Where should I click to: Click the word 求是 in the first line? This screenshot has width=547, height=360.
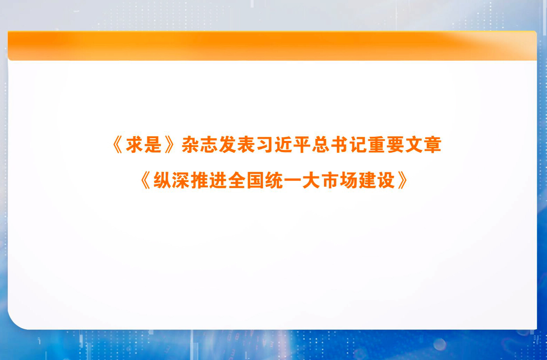point(144,145)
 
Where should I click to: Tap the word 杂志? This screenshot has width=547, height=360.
point(199,145)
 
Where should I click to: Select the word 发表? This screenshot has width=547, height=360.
point(237,145)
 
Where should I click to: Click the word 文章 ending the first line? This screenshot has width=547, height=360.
point(423,145)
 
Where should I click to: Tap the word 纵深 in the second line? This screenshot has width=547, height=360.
point(172,180)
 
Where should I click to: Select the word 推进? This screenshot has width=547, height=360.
point(209,180)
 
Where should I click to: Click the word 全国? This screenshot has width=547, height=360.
point(246,180)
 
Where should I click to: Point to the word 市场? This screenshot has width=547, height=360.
point(340,180)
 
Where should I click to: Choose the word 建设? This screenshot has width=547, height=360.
point(377,180)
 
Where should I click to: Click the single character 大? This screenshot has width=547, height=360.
point(311,180)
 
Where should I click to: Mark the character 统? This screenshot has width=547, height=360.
point(274,180)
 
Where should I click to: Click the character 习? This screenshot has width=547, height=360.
point(265,145)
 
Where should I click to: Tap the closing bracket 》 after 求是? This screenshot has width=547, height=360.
point(169,145)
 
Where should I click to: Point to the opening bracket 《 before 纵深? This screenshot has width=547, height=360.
point(145,180)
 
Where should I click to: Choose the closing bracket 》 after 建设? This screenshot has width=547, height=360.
point(403,180)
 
